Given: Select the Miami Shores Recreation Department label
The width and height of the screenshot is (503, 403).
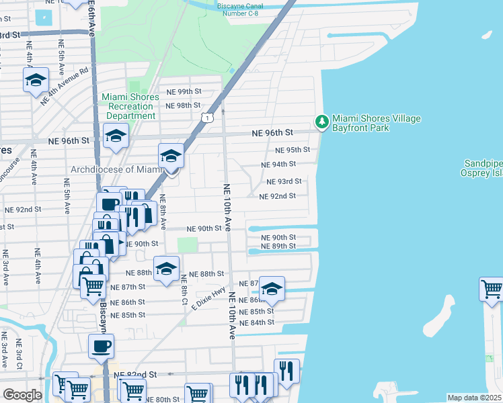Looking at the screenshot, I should pyautogui.click(x=130, y=106).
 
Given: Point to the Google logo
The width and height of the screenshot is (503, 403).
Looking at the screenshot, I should pyautogui.click(x=22, y=394).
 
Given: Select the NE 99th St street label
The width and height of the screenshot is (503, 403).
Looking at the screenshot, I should pyautogui.click(x=184, y=91).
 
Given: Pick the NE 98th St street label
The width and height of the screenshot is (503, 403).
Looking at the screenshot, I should pyautogui.click(x=183, y=105).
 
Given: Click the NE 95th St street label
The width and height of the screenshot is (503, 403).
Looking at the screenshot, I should pyautogui.click(x=293, y=150).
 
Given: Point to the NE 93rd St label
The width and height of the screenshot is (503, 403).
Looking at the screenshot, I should pyautogui.click(x=284, y=181).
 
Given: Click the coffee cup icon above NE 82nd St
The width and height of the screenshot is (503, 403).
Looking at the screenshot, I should pyautogui.click(x=102, y=347).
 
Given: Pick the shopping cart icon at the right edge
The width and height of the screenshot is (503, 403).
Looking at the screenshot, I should pyautogui.click(x=492, y=289).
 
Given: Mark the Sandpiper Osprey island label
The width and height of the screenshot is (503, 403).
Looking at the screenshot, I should pyautogui.click(x=484, y=168).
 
